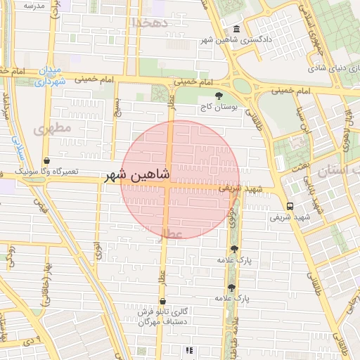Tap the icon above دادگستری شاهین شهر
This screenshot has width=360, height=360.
point(235,29)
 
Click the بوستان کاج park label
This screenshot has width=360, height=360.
point(219,107)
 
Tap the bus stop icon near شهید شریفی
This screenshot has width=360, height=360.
point(290,206)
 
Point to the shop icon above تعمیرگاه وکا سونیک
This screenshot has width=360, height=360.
point(46,160)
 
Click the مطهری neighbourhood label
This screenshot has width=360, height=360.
point(52,129)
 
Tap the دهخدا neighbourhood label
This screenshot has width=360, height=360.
point(151,22)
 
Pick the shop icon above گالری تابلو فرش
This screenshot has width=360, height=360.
point(163,302)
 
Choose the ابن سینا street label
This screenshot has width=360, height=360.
point(300,120)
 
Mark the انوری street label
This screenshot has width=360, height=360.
point(97,250)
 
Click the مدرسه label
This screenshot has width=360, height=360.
point(33,6)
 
